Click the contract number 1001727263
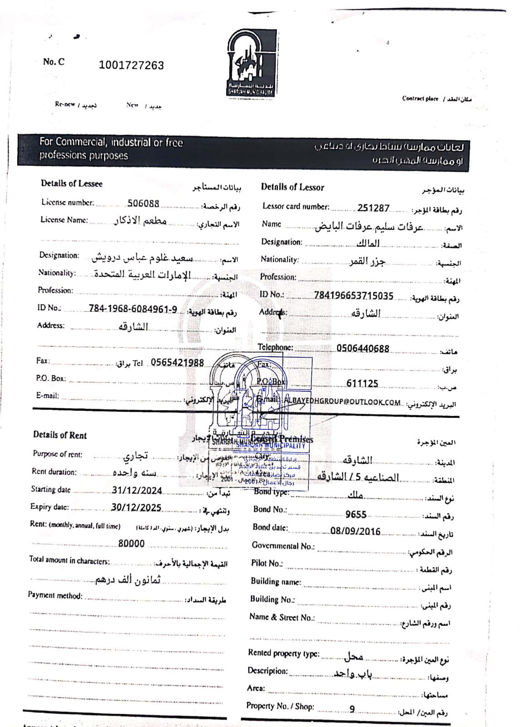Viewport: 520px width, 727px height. (131, 65)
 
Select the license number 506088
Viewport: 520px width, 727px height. (143, 204)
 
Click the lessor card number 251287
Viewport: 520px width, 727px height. (373, 208)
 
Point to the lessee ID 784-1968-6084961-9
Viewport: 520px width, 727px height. (133, 309)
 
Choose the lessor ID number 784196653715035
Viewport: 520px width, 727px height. (353, 296)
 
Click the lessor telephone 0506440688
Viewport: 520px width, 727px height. (362, 349)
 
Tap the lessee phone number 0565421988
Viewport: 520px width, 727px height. (177, 363)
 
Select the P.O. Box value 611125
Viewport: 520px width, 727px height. (362, 383)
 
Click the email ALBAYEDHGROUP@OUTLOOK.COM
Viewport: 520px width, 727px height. (342, 402)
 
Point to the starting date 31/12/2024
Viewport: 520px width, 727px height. (137, 491)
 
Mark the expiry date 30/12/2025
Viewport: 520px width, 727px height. (136, 508)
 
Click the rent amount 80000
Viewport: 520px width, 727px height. (131, 543)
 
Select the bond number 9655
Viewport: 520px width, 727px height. (356, 514)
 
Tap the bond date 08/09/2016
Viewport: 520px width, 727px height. (355, 531)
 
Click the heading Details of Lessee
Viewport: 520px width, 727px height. (72, 184)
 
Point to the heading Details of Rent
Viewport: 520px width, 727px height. (59, 435)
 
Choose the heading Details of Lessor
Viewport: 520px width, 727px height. (292, 187)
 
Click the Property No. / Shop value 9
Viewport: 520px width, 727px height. (352, 709)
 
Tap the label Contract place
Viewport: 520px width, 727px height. (420, 99)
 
